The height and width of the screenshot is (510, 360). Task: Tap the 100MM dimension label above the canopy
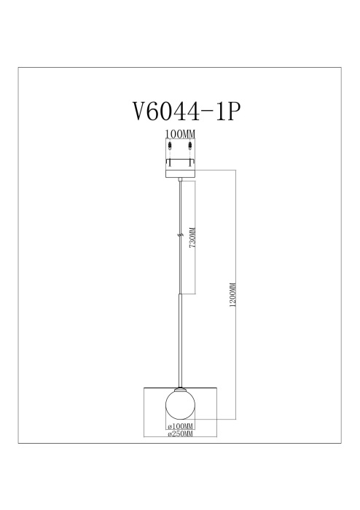click(180, 134)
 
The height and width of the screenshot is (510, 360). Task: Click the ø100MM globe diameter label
click(180, 425)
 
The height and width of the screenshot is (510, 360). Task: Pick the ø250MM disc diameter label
click(180, 434)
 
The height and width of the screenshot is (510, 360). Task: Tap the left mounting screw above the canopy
click(171, 146)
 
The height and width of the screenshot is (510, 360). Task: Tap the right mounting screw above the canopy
click(190, 146)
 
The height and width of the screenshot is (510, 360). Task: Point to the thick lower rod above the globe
click(180, 339)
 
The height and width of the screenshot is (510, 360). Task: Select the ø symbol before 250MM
click(169, 434)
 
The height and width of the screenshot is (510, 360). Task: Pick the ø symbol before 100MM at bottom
click(169, 425)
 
